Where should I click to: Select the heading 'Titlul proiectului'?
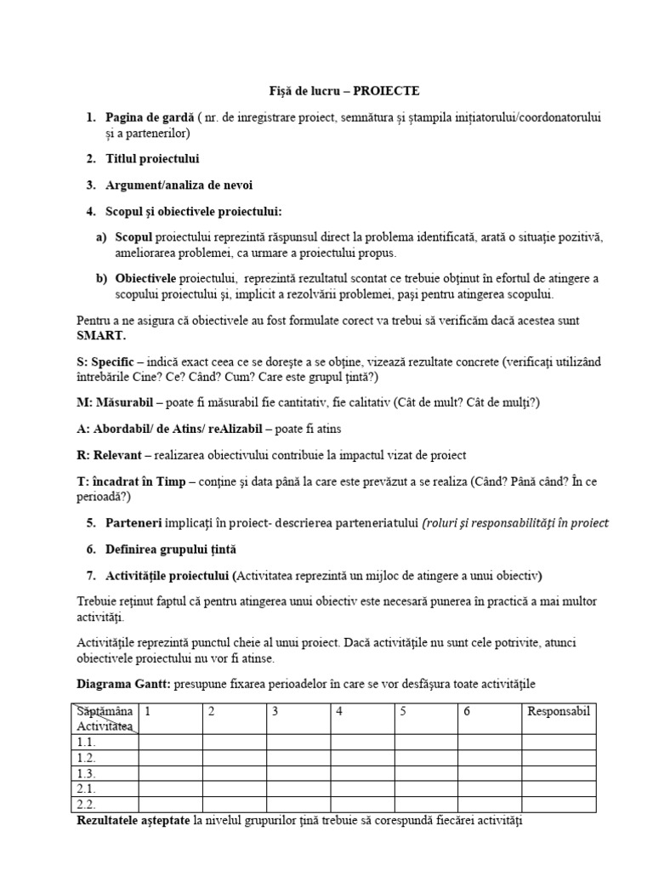[153, 159]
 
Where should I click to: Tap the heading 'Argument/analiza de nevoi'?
[179, 185]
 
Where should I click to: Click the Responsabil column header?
[559, 711]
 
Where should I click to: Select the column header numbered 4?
[338, 711]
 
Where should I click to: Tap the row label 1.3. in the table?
[86, 773]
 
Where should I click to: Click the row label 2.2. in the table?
[86, 804]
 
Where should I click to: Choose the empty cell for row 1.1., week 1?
[170, 742]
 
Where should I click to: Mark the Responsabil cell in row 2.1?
[559, 788]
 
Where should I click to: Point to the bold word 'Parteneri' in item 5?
[134, 522]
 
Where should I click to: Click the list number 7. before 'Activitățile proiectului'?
[91, 575]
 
